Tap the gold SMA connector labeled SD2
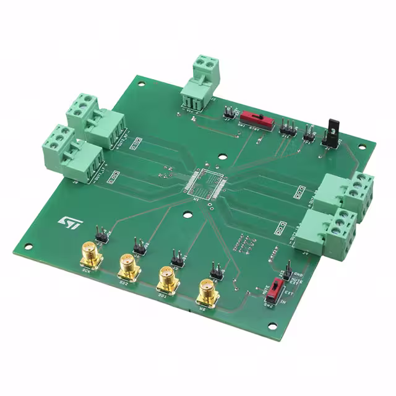[x=127, y=267]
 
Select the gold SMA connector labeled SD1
[x=166, y=278]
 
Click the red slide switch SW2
[x=279, y=289]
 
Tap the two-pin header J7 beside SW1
[x=228, y=113]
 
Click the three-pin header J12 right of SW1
[x=287, y=127]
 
